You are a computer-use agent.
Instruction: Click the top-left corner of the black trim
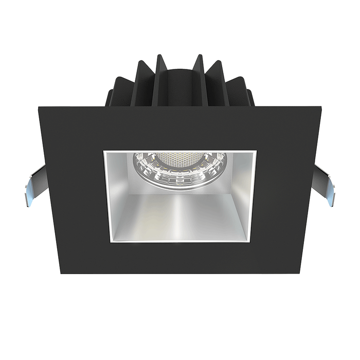tap(39, 106)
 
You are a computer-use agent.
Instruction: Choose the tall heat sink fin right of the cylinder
tap(202, 77)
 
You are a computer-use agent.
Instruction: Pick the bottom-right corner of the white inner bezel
tap(255, 242)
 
